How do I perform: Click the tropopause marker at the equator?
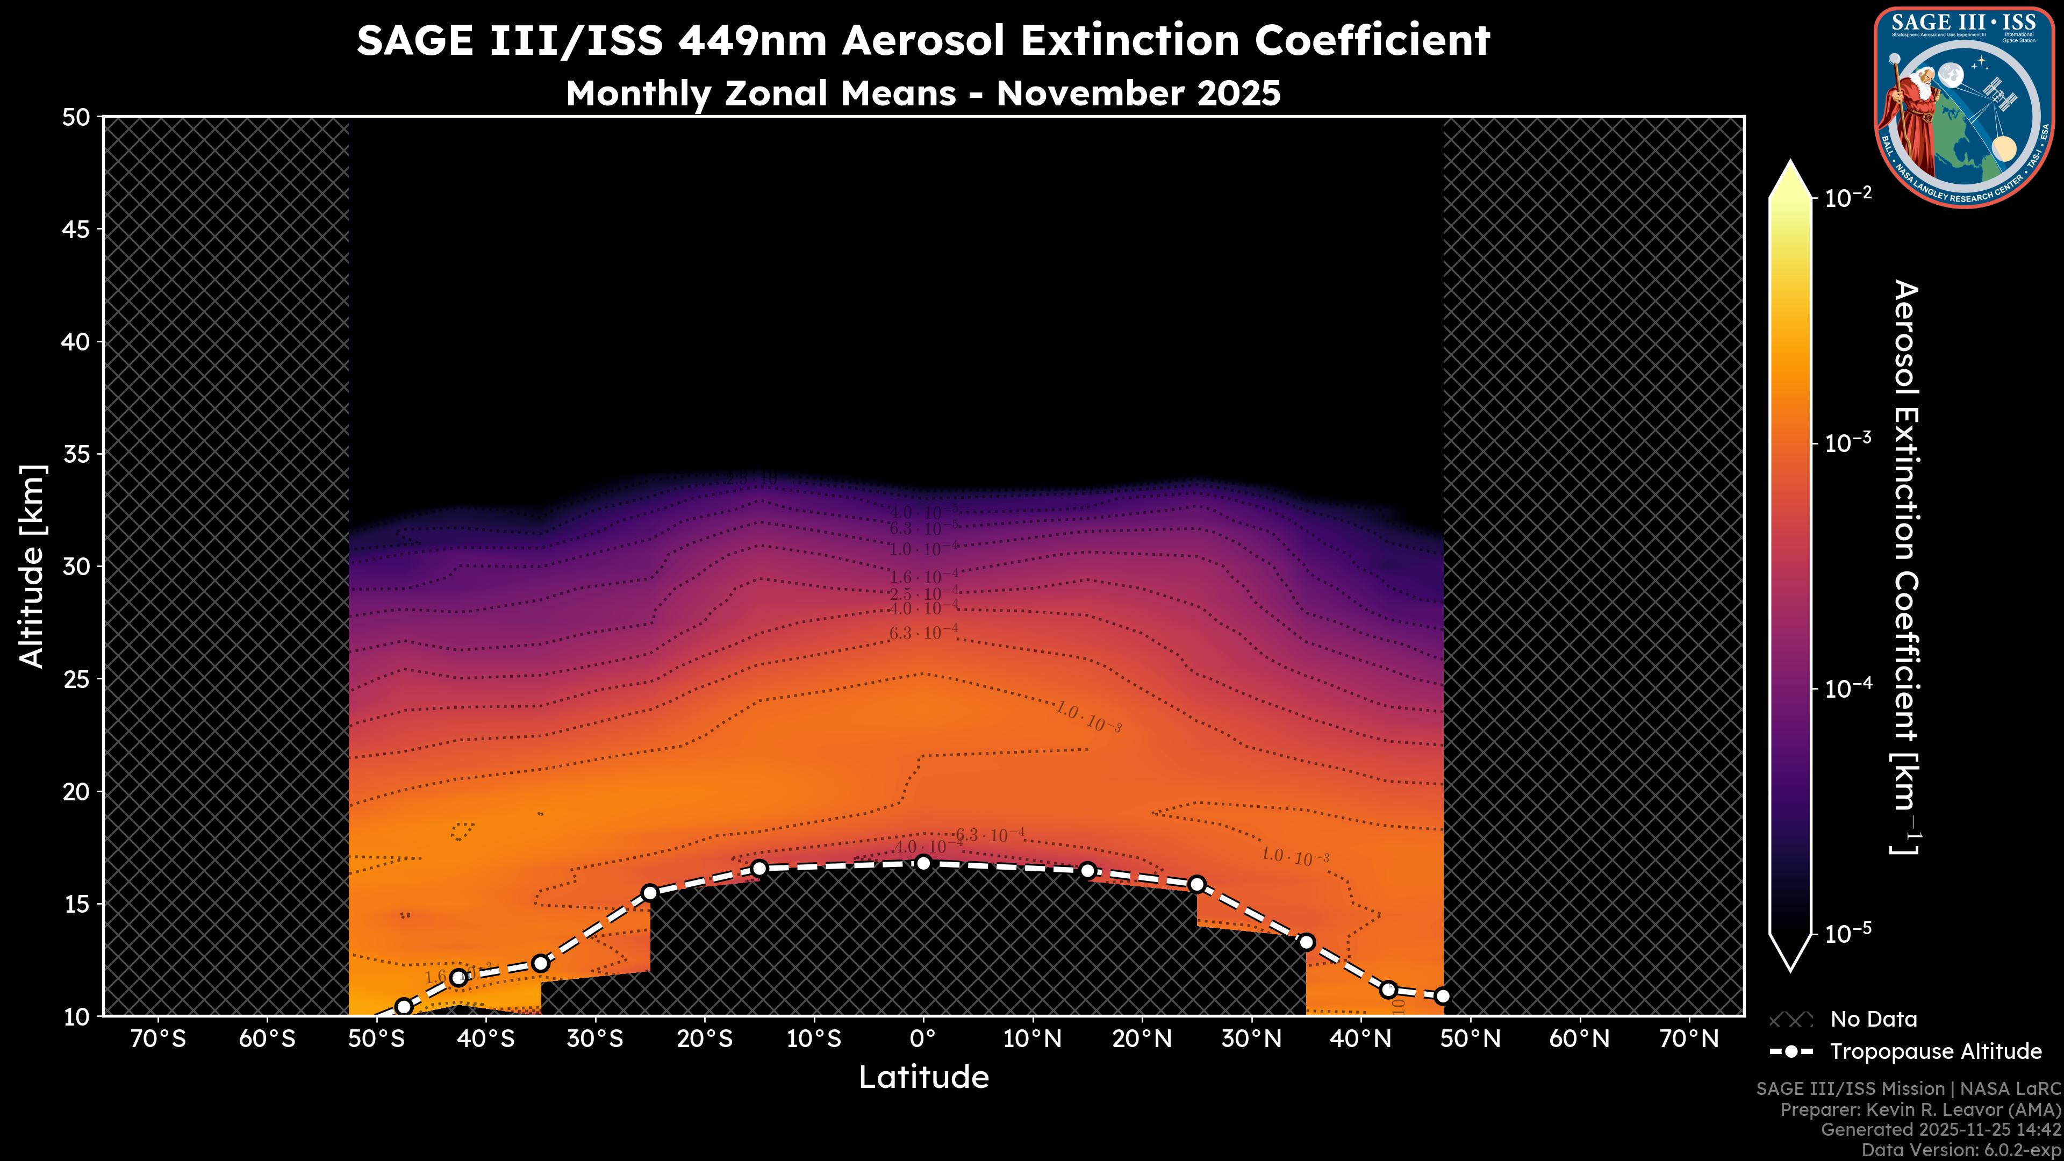point(923,862)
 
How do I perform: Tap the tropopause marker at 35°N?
point(1306,942)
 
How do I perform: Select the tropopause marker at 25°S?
point(650,893)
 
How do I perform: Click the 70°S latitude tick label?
point(159,1039)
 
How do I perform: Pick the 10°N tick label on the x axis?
point(1032,1039)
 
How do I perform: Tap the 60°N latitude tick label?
point(1579,1039)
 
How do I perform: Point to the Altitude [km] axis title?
point(32,565)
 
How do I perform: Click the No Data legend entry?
point(1873,1019)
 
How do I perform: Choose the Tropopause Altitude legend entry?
point(1935,1051)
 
